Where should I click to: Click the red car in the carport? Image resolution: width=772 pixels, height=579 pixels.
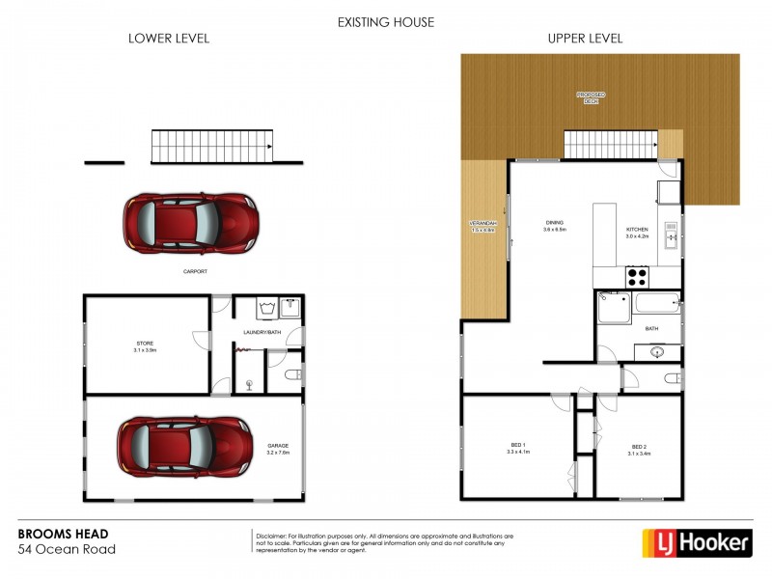coord(189,221)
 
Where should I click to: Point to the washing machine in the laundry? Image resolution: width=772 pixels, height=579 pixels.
coord(267,310)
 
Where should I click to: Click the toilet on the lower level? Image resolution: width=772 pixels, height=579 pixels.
coord(292,375)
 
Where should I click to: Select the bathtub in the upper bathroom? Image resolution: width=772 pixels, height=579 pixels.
coord(657,310)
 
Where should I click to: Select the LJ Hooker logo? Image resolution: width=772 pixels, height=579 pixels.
coord(698,542)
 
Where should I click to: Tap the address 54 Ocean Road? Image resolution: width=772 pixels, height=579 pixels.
coord(68,550)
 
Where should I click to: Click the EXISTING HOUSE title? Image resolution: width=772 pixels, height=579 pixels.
coord(386,21)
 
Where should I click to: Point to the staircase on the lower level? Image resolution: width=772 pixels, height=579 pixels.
coord(212,148)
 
